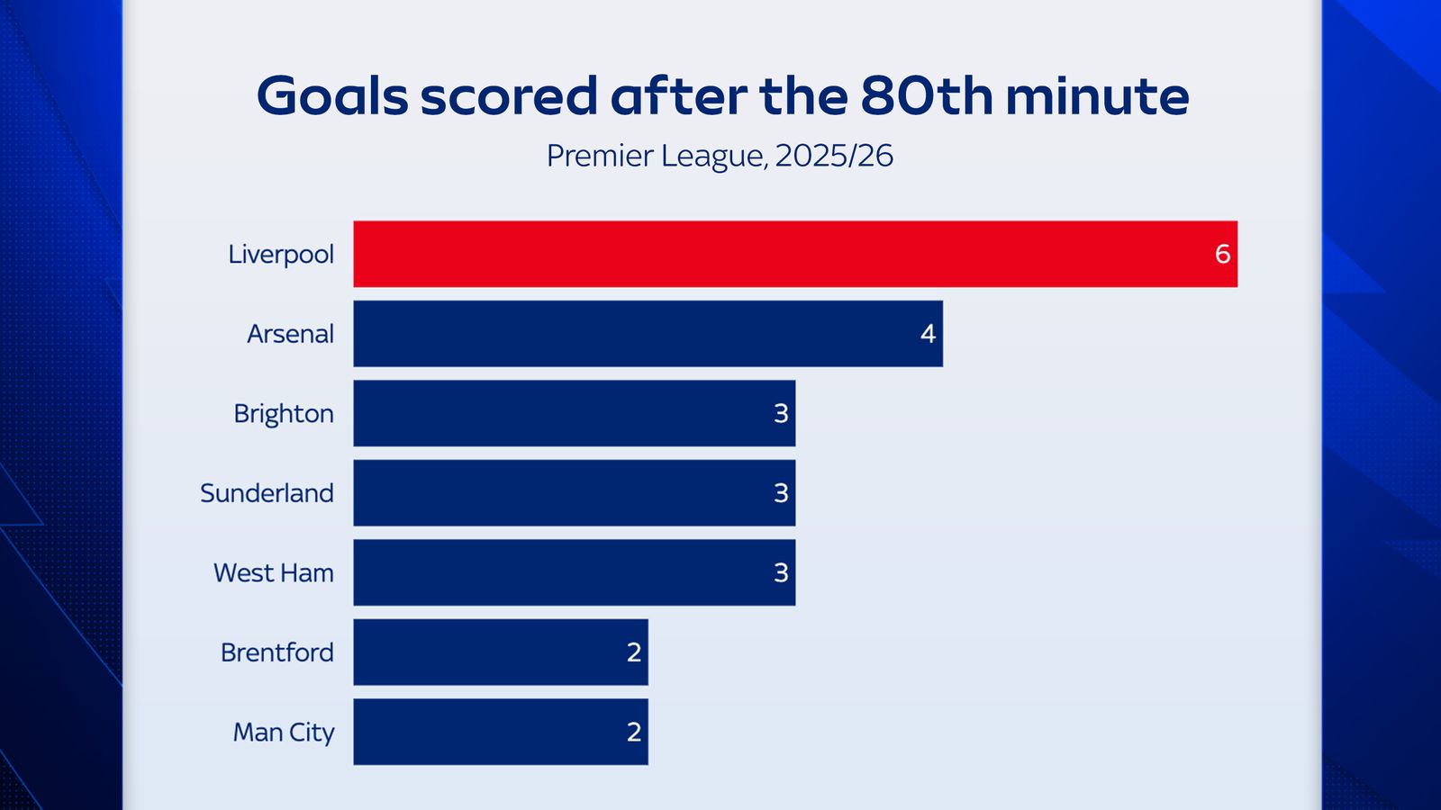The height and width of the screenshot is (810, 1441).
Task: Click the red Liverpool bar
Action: click(794, 254)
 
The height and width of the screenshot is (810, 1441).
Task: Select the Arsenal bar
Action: click(648, 334)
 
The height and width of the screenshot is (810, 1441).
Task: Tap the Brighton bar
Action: click(574, 413)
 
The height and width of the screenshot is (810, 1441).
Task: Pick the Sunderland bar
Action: click(574, 493)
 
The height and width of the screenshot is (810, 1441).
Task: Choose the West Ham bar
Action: click(574, 572)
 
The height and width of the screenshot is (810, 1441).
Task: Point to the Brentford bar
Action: click(500, 652)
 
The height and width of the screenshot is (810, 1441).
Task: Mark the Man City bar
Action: click(500, 732)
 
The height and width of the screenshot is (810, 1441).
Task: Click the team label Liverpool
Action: click(281, 255)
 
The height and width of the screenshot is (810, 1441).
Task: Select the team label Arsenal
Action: click(290, 334)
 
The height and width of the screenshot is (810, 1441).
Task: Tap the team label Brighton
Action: click(284, 414)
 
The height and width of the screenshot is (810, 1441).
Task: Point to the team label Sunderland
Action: click(267, 493)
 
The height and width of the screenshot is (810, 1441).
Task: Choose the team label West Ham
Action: click(274, 572)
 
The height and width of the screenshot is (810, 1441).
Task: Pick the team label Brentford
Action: click(277, 652)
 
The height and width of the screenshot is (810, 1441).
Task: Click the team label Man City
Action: click(284, 733)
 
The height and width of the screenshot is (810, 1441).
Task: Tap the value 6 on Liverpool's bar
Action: click(1222, 255)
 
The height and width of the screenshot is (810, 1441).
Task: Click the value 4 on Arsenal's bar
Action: click(928, 334)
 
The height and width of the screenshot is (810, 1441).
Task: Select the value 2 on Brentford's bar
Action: click(634, 652)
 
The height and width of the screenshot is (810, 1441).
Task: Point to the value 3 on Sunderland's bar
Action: click(781, 493)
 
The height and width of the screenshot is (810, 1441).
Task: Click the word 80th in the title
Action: click(926, 95)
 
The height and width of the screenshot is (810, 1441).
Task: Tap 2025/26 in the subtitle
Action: click(834, 156)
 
